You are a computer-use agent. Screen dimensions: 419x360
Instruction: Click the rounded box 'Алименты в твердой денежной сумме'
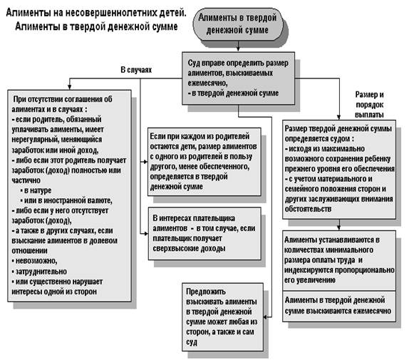237,24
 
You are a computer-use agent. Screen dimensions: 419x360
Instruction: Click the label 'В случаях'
136,70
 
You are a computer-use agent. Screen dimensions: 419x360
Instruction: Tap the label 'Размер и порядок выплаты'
369,105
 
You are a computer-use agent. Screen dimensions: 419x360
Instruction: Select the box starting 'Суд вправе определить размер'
238,78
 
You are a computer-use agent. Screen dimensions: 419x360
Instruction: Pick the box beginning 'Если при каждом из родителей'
204,162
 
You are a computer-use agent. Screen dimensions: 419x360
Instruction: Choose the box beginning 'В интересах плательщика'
205,234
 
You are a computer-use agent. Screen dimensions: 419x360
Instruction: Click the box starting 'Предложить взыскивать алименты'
222,317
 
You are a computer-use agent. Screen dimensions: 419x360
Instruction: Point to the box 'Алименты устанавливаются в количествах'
339,261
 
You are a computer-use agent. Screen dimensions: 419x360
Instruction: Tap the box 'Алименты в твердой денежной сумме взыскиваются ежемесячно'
339,306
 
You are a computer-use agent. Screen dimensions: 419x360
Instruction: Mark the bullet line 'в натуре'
36,190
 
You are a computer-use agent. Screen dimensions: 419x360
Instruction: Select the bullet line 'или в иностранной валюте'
66,200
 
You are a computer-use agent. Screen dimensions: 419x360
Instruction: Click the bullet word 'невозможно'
34,261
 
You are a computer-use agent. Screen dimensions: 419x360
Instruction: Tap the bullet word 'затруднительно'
39,272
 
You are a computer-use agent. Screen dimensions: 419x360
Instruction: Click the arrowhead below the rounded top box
238,49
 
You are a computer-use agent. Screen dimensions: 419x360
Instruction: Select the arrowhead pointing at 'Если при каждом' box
145,162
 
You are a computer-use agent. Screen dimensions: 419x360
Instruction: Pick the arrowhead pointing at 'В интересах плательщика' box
145,234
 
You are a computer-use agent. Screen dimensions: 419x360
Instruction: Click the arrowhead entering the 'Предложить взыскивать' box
266,317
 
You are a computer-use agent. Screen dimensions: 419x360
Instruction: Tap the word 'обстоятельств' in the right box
308,209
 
